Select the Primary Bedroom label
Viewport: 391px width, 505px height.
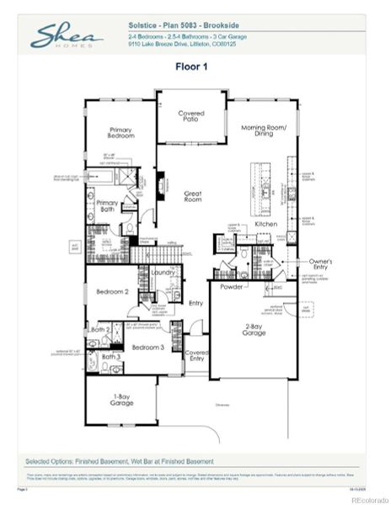[124, 135]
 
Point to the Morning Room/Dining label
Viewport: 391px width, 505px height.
[263, 131]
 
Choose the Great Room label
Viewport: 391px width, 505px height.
[193, 197]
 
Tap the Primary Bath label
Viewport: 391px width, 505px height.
[107, 207]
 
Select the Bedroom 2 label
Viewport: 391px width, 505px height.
[111, 292]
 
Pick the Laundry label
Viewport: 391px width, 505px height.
[163, 273]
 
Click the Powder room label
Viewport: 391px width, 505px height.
[232, 286]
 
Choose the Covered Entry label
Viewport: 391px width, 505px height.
[196, 356]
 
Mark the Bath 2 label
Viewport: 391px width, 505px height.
[100, 330]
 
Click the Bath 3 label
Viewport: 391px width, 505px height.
[111, 357]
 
